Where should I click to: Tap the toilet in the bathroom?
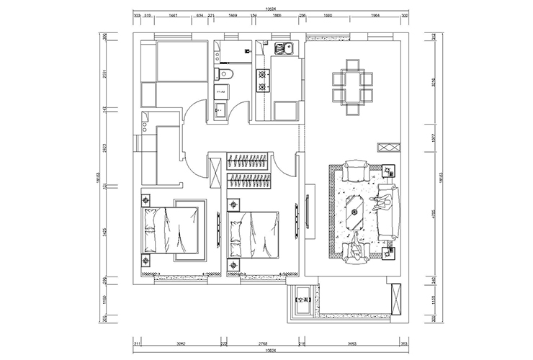click(223, 76)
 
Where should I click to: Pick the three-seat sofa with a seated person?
click(386, 210)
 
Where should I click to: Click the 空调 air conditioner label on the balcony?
click(304, 300)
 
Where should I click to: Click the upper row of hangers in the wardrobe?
click(249, 159)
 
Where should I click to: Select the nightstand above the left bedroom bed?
click(145, 200)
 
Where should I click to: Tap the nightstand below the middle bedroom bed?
click(233, 265)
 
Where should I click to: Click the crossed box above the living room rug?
click(387, 146)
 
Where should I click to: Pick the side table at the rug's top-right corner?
click(390, 172)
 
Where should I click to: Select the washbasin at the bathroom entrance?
click(220, 109)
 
